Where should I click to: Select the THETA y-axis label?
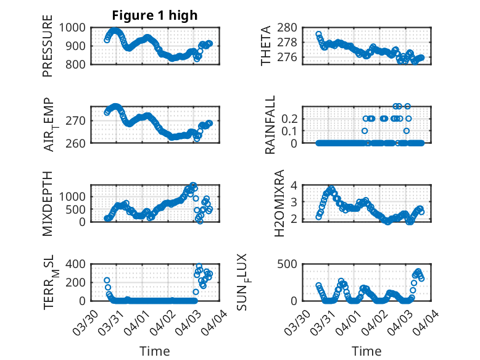coord(266,45)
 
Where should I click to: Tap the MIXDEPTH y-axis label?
coord(48,203)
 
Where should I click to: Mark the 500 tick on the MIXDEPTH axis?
coord(80,209)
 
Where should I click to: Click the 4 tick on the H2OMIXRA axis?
coord(294,185)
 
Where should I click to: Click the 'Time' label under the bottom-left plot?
coord(155,351)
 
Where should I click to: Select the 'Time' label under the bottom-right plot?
coord(366,351)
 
